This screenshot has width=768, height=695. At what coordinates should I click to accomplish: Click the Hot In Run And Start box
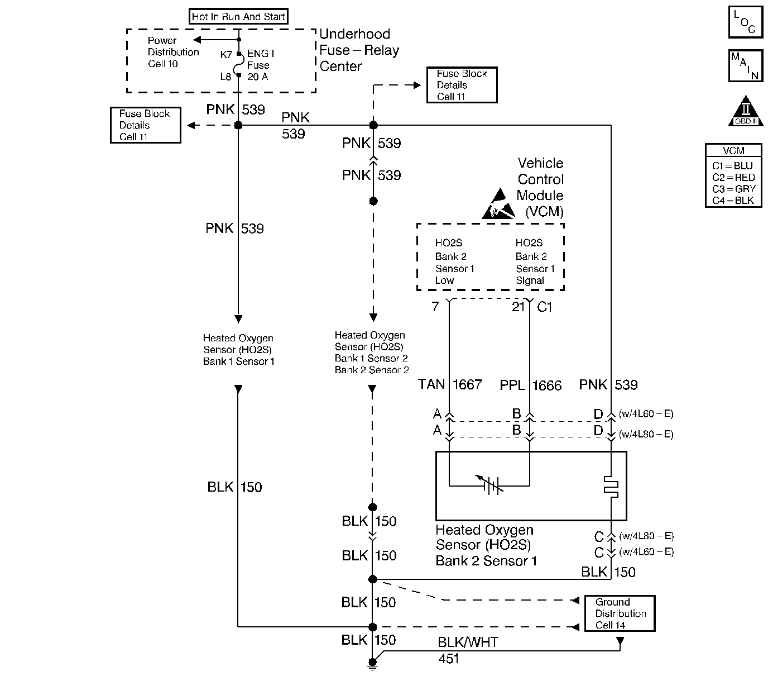[x=238, y=17]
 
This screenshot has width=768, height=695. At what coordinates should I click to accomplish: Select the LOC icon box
[x=745, y=22]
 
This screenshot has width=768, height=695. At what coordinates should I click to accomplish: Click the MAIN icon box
[x=745, y=66]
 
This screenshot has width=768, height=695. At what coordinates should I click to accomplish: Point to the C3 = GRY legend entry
[x=733, y=189]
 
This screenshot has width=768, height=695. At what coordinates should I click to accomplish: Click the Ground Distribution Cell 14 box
[x=620, y=613]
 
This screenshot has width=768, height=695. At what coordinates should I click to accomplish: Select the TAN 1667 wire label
[x=450, y=384]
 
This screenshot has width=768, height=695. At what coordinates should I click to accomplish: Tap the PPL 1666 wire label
[x=530, y=385]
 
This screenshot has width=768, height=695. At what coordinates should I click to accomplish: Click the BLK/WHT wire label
[x=468, y=642]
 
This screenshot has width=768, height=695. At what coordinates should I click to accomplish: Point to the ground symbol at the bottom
[x=372, y=664]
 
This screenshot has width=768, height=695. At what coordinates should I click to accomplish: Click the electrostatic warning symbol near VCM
[x=499, y=204]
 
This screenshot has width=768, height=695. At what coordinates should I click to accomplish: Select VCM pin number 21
[x=519, y=307]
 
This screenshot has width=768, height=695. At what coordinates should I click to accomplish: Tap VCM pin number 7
[x=435, y=307]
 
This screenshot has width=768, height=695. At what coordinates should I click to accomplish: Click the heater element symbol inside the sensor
[x=611, y=487]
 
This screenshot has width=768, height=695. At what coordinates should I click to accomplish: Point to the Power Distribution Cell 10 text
[x=173, y=52]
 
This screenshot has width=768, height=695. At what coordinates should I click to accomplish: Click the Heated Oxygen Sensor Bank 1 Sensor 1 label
[x=238, y=350]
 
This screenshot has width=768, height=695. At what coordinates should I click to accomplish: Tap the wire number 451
[x=449, y=659]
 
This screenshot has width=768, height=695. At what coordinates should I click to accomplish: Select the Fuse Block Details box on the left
[x=145, y=125]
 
